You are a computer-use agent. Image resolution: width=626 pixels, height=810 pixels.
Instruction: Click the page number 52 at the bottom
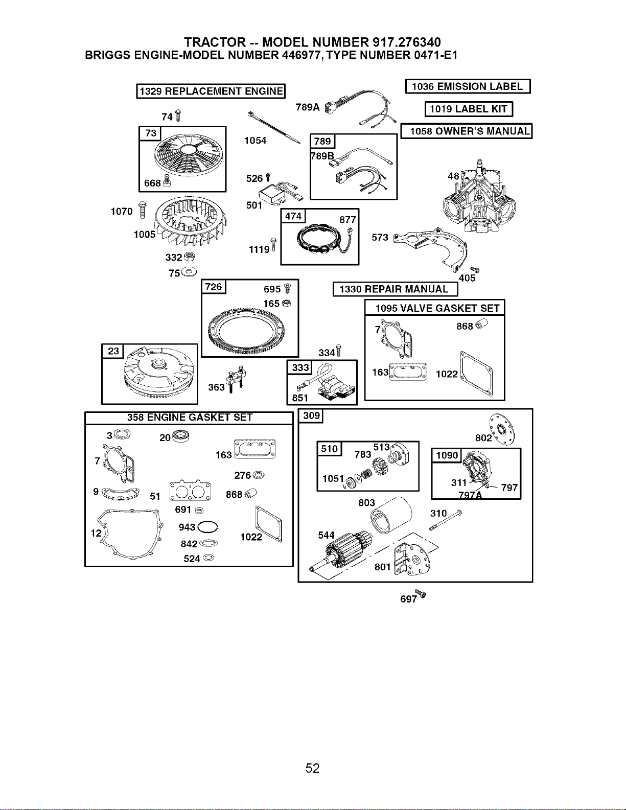tap(312, 768)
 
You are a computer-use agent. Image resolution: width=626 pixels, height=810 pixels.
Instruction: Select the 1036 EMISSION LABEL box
tap(468, 86)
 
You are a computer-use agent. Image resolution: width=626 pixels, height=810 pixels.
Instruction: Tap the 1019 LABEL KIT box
tap(469, 109)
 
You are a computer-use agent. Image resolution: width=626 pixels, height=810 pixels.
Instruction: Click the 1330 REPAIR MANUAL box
tap(395, 289)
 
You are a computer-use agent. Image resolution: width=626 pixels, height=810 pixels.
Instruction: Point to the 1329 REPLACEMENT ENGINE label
tap(211, 91)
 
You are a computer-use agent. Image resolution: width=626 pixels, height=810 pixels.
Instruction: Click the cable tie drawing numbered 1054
tap(274, 127)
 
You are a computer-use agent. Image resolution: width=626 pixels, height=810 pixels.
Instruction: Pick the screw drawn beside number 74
tap(178, 115)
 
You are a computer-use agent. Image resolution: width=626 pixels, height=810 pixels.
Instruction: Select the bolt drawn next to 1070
tap(142, 210)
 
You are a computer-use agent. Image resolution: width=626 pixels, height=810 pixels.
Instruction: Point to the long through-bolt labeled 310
tap(446, 520)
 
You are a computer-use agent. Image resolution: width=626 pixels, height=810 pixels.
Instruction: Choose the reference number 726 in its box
tap(214, 287)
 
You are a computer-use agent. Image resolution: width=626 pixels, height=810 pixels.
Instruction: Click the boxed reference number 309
tap(312, 415)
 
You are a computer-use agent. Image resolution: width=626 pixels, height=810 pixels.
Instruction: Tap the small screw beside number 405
tap(475, 269)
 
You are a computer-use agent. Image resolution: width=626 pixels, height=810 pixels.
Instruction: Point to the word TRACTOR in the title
tap(215, 42)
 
